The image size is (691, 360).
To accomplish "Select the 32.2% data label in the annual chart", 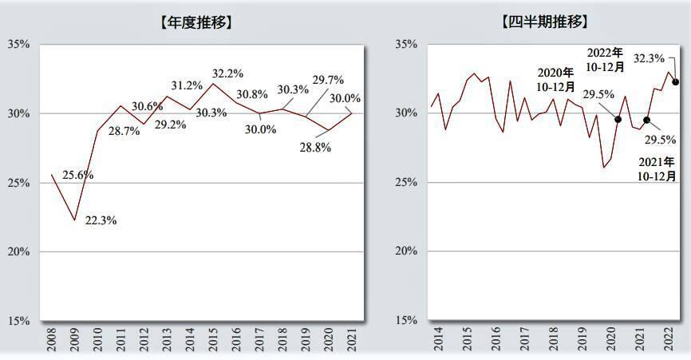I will coord(227,73).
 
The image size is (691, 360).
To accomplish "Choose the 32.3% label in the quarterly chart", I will coord(649,58).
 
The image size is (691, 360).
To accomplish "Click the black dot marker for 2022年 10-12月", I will coord(676,81).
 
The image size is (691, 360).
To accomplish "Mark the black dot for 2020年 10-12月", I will coord(618,119).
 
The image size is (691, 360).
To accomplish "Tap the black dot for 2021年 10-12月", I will coord(646,120).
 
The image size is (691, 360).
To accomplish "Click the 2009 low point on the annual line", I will coord(75,220).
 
